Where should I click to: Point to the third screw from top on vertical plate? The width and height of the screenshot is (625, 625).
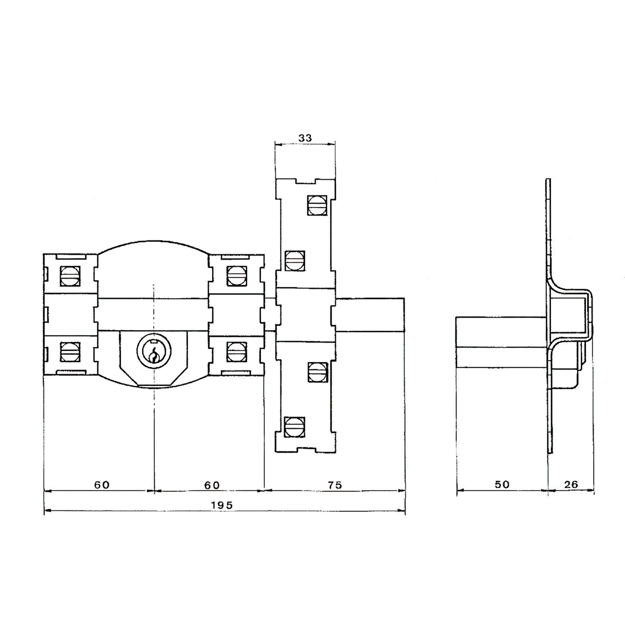tap(317, 372)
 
